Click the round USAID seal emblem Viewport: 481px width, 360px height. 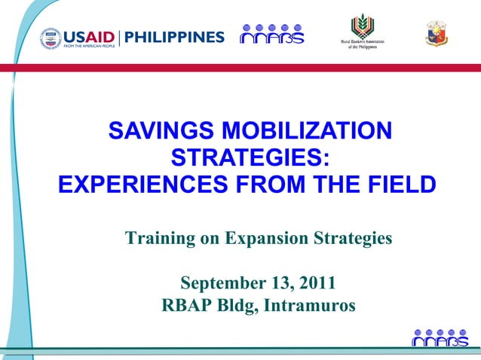point(51,38)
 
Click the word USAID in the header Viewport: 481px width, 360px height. point(88,35)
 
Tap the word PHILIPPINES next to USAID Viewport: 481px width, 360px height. point(174,38)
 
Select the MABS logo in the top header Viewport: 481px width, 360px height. point(271,34)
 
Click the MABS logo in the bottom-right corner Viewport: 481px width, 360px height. point(440,338)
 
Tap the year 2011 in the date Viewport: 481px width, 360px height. point(317,284)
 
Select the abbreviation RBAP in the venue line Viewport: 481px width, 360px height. point(188,307)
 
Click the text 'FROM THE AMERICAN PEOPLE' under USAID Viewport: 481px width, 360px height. point(88,45)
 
